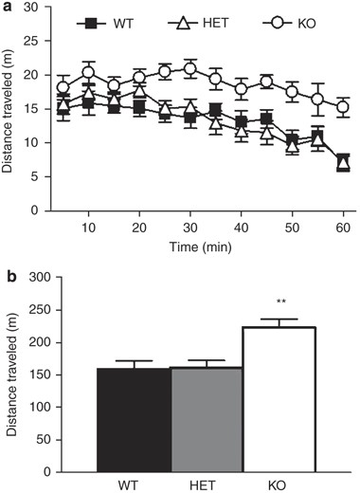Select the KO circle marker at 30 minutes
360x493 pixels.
[189, 68]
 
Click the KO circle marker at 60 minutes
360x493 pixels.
[343, 107]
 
